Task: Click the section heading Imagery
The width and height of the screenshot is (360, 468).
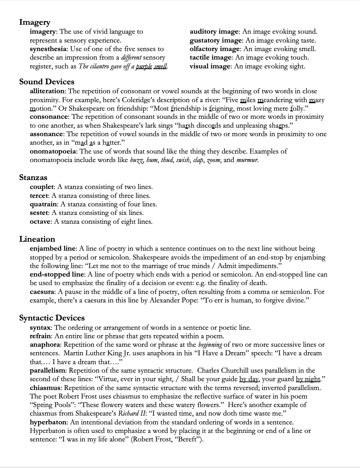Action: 35,22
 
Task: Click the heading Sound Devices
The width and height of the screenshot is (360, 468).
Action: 47,82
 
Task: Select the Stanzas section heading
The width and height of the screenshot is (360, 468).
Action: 33,177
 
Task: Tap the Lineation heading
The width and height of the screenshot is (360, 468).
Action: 37,239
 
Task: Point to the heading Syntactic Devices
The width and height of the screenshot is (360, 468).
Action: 52,318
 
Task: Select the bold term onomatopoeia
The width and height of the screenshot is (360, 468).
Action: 53,151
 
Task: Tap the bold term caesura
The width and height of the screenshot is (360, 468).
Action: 42,292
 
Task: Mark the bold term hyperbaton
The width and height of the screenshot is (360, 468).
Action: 48,422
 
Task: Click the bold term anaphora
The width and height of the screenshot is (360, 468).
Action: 45,345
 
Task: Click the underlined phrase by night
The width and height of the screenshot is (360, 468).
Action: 308,379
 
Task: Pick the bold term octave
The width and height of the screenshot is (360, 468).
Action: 40,222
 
